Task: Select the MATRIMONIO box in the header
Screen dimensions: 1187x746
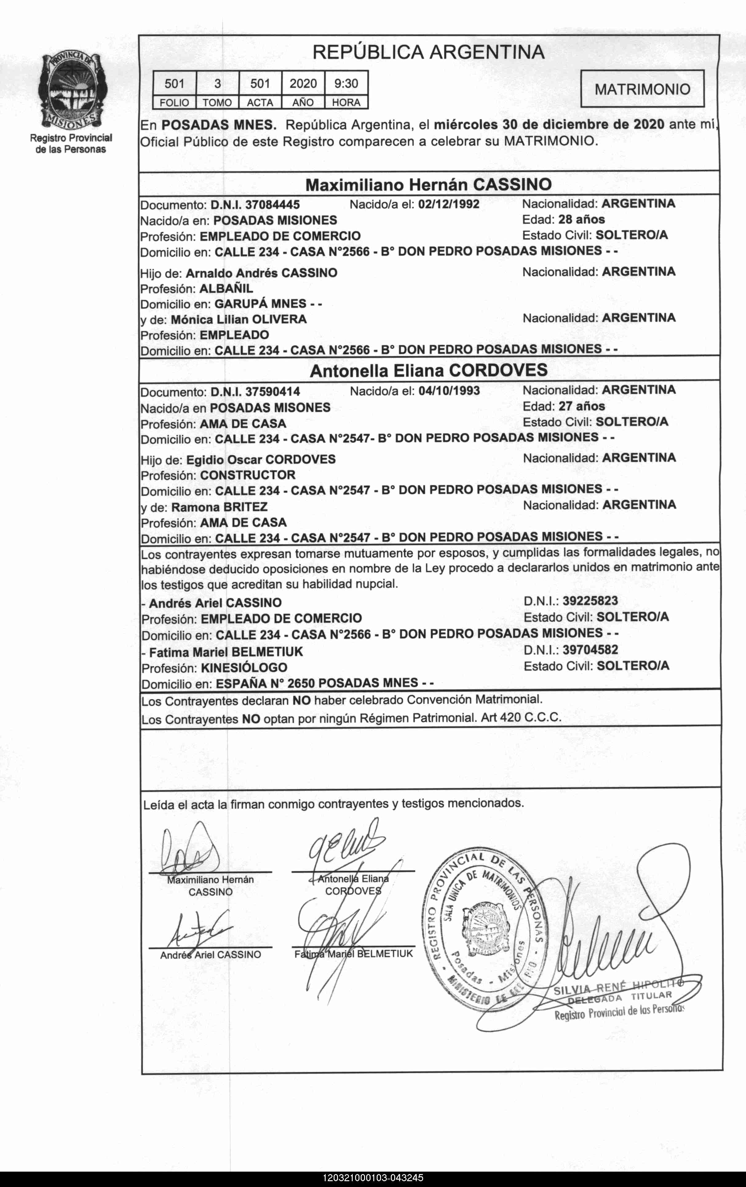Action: (642, 89)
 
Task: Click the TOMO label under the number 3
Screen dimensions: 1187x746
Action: (217, 102)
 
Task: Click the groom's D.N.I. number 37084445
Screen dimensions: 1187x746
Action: (272, 204)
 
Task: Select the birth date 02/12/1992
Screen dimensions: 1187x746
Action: (448, 204)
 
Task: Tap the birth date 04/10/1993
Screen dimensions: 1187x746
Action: (449, 391)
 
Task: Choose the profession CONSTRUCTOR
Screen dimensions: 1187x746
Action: (248, 475)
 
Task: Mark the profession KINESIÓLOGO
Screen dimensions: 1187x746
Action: (244, 668)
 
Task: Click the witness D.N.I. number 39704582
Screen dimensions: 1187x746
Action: (590, 650)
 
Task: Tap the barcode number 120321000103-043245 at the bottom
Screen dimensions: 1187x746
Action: (373, 1178)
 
